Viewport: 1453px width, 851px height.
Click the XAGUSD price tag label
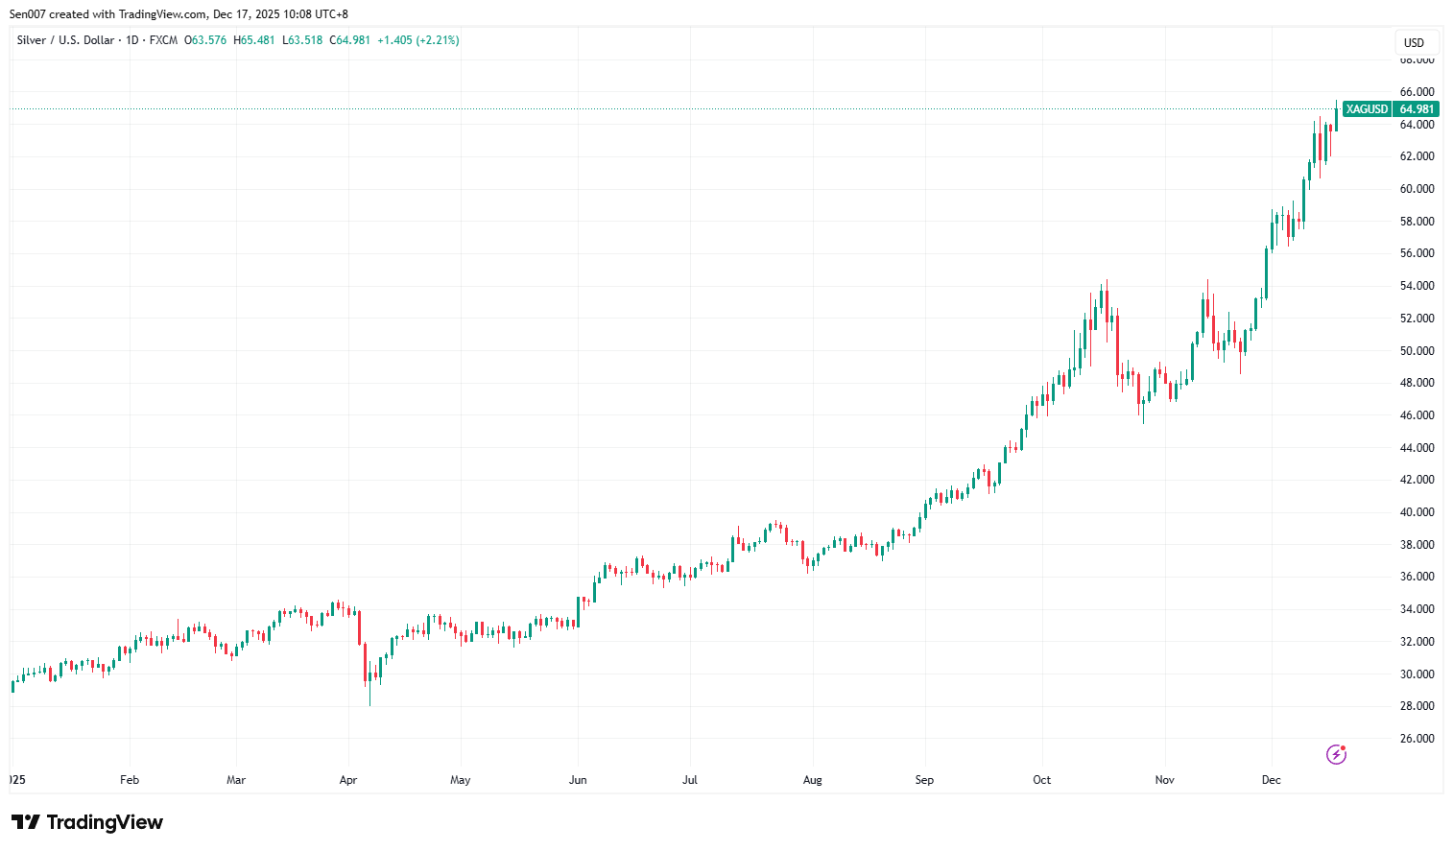(x=1366, y=109)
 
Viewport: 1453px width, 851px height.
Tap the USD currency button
(x=1414, y=42)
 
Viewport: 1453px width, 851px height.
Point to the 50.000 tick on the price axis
(x=1417, y=351)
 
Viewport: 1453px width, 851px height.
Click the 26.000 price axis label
(x=1417, y=739)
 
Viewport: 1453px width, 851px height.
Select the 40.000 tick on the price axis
(x=1417, y=512)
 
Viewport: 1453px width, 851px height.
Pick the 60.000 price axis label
(x=1417, y=189)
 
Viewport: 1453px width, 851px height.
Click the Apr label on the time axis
(x=348, y=780)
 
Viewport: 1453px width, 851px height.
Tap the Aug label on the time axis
(x=813, y=780)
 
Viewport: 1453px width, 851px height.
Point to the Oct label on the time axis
(x=1041, y=780)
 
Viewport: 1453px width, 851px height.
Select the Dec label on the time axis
(x=1271, y=780)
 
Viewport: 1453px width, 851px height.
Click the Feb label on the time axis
(x=130, y=780)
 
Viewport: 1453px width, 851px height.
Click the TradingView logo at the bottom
(x=87, y=822)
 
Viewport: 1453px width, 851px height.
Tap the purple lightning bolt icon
(x=1336, y=754)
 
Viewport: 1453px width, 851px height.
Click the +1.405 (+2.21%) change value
(x=417, y=40)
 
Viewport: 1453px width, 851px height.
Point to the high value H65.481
(x=254, y=40)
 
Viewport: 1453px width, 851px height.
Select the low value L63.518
(x=302, y=40)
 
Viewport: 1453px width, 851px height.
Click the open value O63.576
(x=205, y=40)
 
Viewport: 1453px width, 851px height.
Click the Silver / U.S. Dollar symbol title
(x=65, y=40)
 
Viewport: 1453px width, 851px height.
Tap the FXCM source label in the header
(x=163, y=40)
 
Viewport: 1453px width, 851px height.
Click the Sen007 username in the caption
(x=28, y=14)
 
